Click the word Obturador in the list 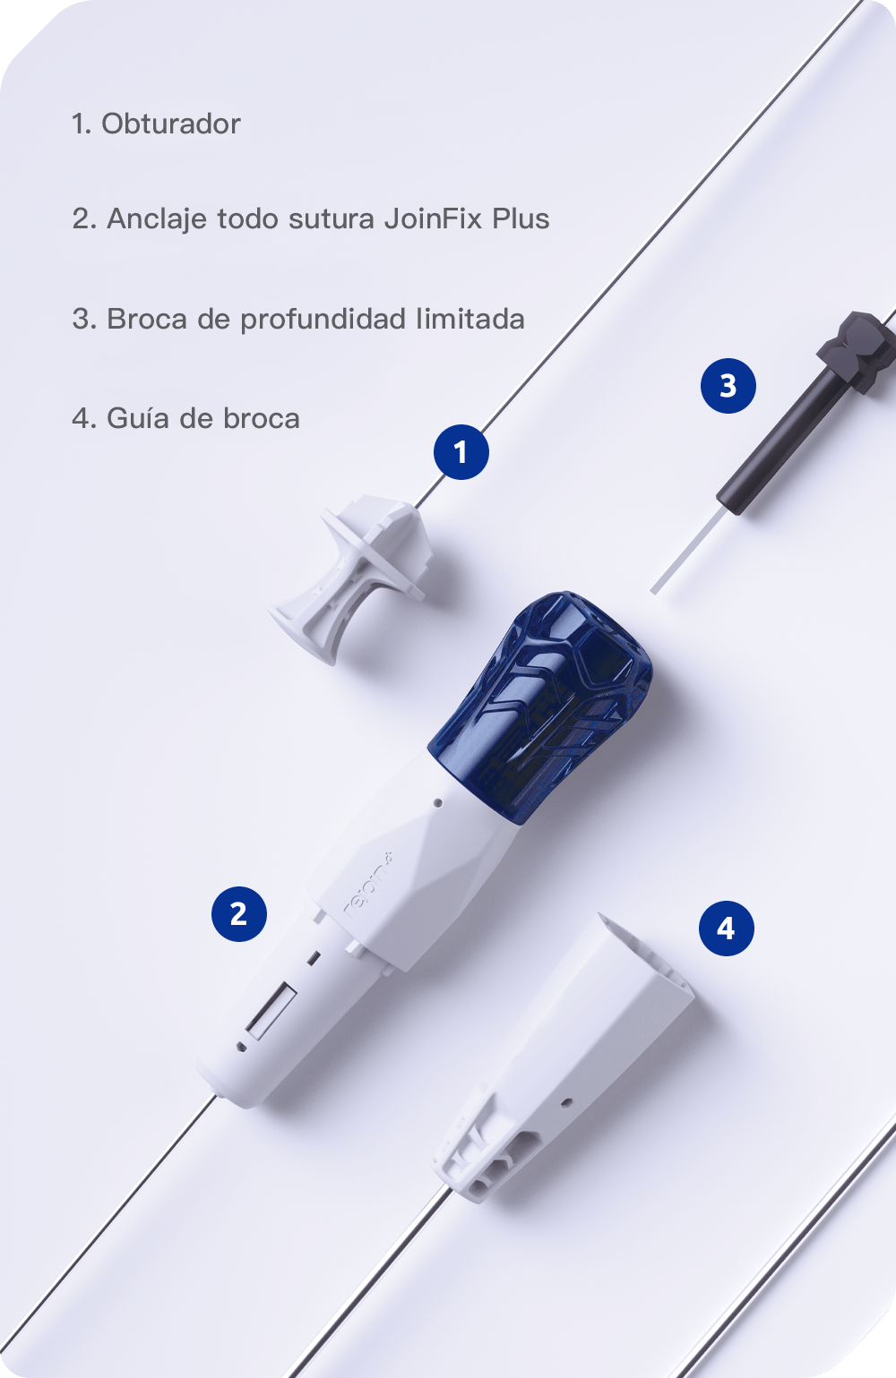tap(170, 124)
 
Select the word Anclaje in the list tap(157, 219)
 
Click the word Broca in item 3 tap(147, 319)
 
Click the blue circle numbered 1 tap(461, 452)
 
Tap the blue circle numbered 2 tap(239, 913)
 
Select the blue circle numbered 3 tap(728, 386)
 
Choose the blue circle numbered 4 tap(726, 929)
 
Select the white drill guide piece tap(564, 1058)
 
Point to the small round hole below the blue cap tap(438, 802)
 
